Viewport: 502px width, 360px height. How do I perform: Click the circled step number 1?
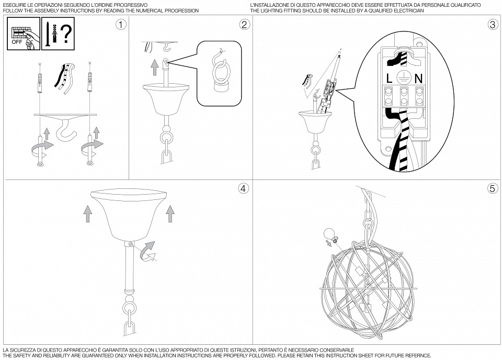pyautogui.click(x=121, y=25)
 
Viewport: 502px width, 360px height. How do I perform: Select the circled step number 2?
pyautogui.click(x=244, y=25)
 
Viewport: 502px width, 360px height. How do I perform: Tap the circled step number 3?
pyautogui.click(x=492, y=25)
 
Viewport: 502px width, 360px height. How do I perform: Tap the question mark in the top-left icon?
pyautogui.click(x=65, y=33)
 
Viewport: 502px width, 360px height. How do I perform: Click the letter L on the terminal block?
pyautogui.click(x=390, y=79)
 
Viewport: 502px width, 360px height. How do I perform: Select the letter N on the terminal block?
pyautogui.click(x=418, y=79)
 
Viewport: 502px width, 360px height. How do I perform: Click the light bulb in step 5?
pyautogui.click(x=329, y=234)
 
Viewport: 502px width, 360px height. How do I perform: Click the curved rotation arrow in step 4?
pyautogui.click(x=150, y=251)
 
